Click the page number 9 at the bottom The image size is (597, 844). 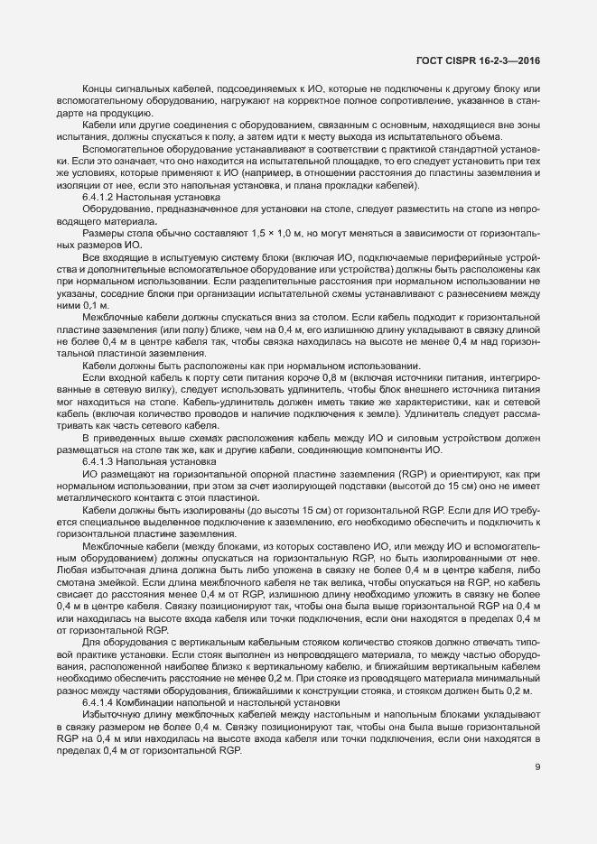tap(537, 769)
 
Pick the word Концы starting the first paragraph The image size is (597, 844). tap(97, 88)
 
